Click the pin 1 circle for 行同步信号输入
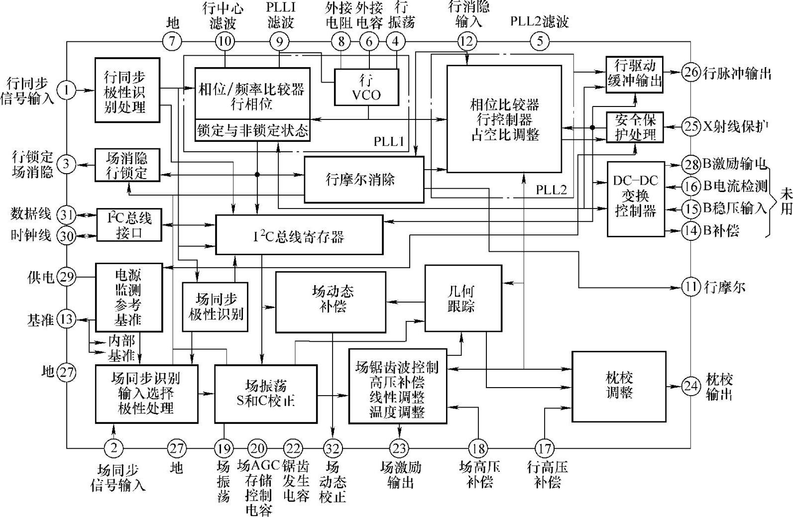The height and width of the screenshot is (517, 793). (67, 90)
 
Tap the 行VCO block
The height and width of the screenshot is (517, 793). (367, 87)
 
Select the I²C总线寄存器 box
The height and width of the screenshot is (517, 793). (299, 235)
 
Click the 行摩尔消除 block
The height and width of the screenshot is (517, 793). (364, 179)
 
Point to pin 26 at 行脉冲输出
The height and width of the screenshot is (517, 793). (690, 72)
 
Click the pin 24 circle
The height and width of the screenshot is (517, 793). (690, 386)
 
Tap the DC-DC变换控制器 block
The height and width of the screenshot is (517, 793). (636, 198)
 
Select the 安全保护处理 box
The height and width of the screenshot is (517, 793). (635, 127)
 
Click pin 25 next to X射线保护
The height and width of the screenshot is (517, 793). (690, 126)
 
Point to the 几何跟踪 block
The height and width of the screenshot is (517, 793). (462, 298)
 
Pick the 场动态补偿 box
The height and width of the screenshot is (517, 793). (331, 302)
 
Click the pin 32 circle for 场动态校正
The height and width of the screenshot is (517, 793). (332, 448)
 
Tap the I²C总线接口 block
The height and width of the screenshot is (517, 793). (129, 225)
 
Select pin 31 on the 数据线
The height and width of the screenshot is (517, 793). (67, 215)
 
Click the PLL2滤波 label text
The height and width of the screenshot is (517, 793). (539, 22)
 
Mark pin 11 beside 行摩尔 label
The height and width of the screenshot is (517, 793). (690, 287)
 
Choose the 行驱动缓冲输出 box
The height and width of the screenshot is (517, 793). (635, 74)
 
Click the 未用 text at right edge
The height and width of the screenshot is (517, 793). (786, 201)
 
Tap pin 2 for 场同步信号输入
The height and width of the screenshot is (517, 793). (114, 448)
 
